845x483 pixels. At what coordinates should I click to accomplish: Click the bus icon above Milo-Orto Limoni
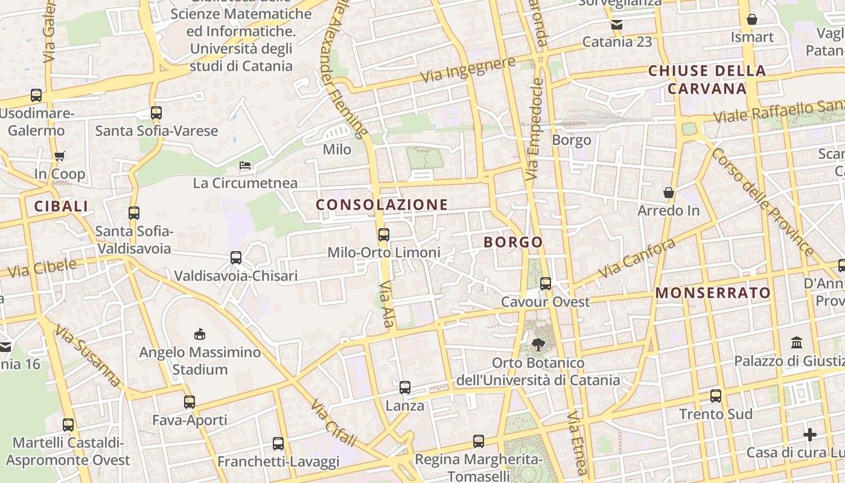(x=383, y=235)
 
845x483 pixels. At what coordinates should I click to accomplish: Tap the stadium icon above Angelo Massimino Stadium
(x=200, y=334)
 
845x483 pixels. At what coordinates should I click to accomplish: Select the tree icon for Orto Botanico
(x=538, y=345)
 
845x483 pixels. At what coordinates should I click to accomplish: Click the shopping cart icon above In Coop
(x=59, y=156)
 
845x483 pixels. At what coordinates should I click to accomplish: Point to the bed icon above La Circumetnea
(x=245, y=165)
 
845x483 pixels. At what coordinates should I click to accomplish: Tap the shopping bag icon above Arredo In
(x=669, y=193)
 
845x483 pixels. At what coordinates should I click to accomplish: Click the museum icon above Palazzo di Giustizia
(x=797, y=343)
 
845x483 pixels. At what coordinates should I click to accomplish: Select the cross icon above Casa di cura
(x=810, y=435)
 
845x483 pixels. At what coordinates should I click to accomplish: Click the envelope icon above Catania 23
(x=617, y=25)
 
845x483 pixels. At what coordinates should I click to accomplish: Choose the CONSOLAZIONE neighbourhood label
(x=382, y=205)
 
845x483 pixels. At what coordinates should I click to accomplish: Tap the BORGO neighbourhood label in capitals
(x=513, y=242)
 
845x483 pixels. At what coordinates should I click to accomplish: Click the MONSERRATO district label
(x=713, y=293)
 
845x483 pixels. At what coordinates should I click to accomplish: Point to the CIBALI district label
(x=61, y=206)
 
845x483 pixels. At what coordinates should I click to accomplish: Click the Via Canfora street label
(x=636, y=258)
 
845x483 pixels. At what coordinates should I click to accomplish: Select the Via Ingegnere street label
(x=468, y=69)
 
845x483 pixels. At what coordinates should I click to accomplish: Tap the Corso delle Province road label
(x=762, y=201)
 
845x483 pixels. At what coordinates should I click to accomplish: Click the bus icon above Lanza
(x=405, y=388)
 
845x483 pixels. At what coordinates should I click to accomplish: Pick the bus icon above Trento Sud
(x=716, y=396)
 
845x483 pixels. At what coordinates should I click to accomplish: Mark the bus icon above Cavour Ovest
(x=546, y=283)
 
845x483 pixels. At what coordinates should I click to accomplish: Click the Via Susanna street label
(x=88, y=356)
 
